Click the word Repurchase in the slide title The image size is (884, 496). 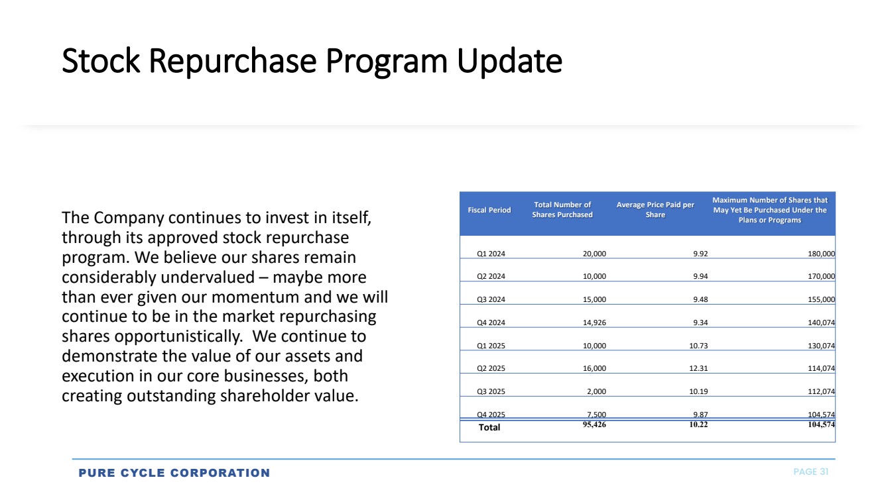[x=233, y=61]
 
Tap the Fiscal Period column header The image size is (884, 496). [x=489, y=210]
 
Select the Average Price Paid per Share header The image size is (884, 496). [x=655, y=209]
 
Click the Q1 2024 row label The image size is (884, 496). [x=491, y=254]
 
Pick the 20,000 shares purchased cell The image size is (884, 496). [x=594, y=254]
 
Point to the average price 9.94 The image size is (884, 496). [x=700, y=276]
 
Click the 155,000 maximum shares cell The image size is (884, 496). [x=821, y=299]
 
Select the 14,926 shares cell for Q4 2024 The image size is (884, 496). [x=594, y=322]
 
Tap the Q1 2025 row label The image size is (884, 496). [x=491, y=346]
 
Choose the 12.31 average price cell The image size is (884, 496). [x=698, y=368]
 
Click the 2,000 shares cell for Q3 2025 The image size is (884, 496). [x=596, y=391]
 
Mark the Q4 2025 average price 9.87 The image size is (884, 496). [x=700, y=415]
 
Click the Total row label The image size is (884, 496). [x=489, y=427]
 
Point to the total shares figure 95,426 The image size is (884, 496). [x=594, y=424]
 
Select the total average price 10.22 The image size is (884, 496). [x=698, y=424]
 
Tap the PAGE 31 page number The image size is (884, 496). [x=811, y=472]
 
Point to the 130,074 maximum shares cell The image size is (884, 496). [x=821, y=346]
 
